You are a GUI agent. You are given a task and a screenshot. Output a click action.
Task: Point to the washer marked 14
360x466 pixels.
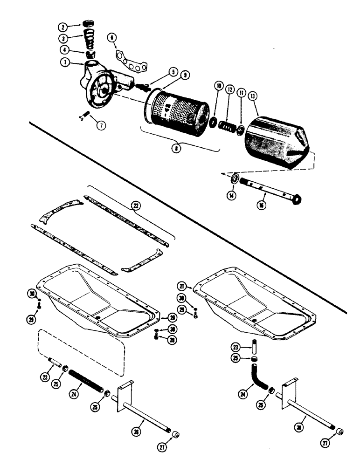click(233, 179)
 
